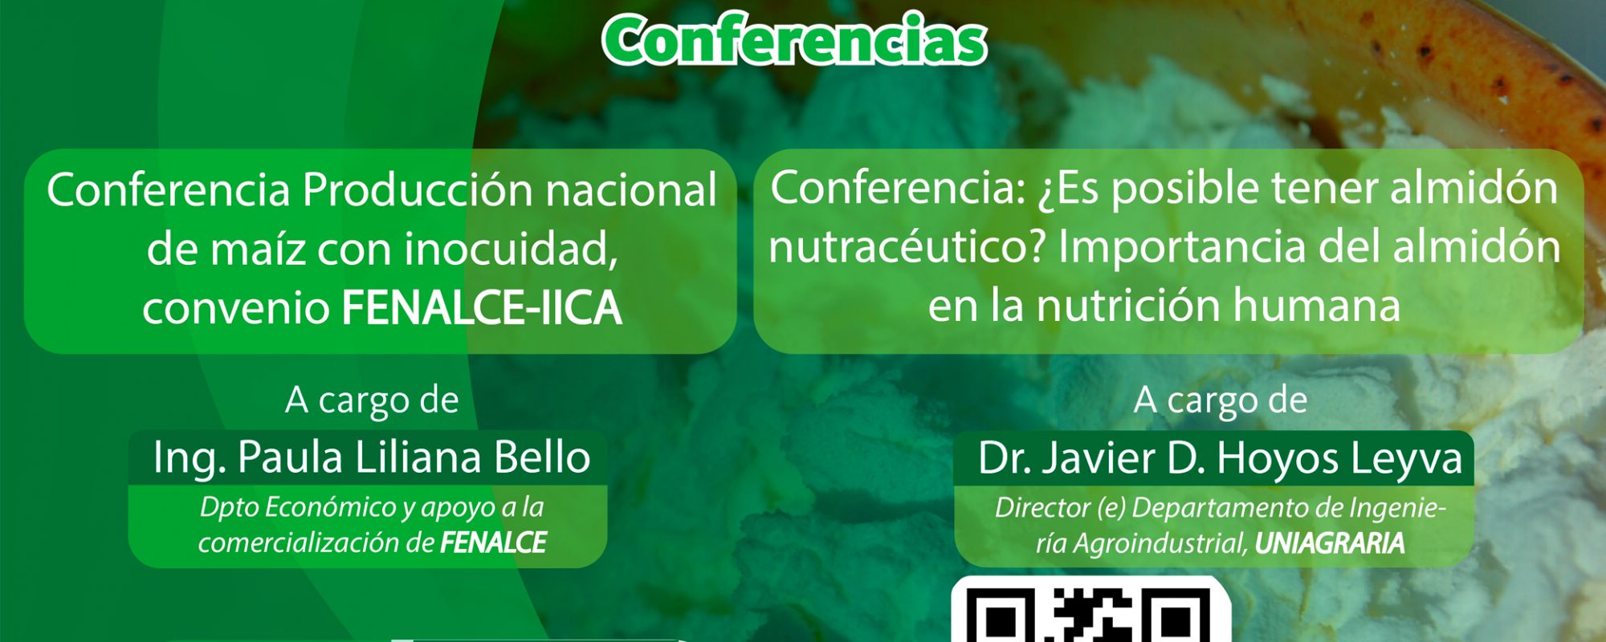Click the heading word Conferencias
tap(794, 40)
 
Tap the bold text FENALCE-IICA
tap(482, 308)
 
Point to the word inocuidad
tap(511, 249)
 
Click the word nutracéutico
tap(907, 247)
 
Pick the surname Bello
tap(542, 457)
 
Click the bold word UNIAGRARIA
tap(1330, 544)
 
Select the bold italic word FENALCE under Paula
tap(493, 543)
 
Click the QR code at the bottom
tap(1090, 611)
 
